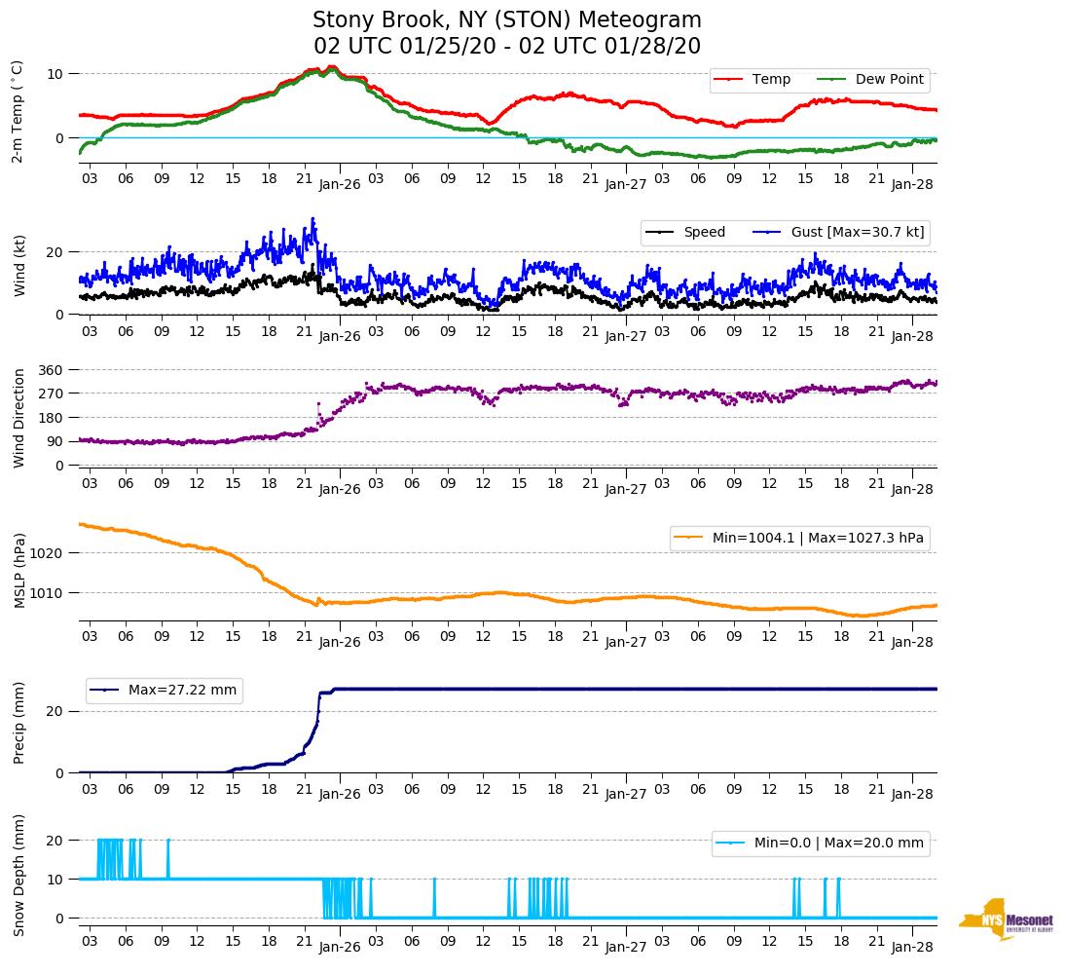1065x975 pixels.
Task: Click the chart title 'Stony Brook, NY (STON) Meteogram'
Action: coord(506,20)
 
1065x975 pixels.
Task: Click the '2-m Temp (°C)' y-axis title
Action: coord(18,111)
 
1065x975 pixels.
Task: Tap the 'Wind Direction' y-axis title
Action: coord(18,417)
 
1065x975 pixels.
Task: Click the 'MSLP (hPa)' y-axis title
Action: coord(18,570)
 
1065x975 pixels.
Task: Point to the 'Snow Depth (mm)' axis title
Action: coord(18,875)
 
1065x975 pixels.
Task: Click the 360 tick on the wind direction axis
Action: coord(51,370)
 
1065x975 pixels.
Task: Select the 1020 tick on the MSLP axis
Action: coord(47,552)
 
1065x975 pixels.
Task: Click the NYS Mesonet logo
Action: coord(1007,920)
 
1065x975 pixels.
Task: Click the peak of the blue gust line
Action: coord(312,219)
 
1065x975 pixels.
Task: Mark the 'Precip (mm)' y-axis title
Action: coord(18,723)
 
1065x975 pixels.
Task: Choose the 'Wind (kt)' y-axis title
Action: coord(18,264)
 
